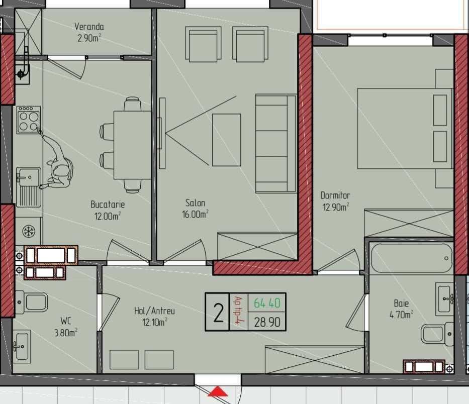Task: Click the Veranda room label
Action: [89, 27]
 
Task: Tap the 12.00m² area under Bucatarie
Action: [108, 216]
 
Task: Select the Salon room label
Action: [196, 203]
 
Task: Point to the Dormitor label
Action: [335, 195]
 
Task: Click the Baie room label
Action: [401, 303]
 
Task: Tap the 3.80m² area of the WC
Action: [65, 332]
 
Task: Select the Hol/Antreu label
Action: [154, 311]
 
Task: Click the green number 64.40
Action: [267, 303]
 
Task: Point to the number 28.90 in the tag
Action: [267, 322]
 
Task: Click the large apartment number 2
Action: [218, 313]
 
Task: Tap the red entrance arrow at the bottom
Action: [218, 391]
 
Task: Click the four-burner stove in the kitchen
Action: [29, 119]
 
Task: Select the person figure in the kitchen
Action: [57, 161]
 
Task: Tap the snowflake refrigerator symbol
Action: [29, 231]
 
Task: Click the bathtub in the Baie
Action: [412, 258]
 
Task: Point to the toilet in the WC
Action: [31, 302]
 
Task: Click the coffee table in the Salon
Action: [226, 140]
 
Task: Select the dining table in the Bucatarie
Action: [132, 145]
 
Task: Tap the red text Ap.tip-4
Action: [238, 311]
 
